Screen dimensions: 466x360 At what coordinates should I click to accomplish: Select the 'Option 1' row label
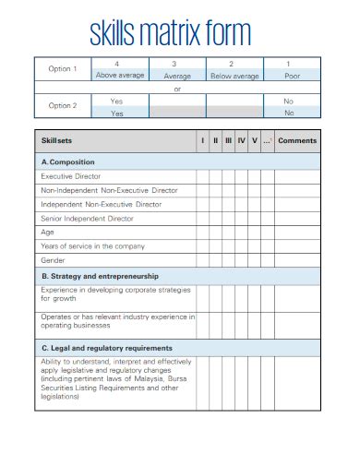pos(64,69)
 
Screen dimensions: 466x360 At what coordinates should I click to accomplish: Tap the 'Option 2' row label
pos(64,106)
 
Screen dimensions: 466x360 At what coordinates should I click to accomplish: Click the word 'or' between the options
pos(177,89)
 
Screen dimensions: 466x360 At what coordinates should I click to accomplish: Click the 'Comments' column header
pos(297,140)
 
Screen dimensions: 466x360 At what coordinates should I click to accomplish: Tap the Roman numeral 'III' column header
pos(228,140)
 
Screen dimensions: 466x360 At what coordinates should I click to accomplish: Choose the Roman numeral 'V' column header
pos(254,140)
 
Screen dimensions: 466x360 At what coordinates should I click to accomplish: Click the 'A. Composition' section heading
pos(69,161)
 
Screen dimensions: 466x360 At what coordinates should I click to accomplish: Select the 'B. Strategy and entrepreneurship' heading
pos(100,275)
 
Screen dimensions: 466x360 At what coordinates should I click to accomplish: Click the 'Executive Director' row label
pos(71,175)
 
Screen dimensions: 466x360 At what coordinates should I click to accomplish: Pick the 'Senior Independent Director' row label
pos(87,219)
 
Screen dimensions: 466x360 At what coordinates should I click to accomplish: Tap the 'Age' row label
pos(48,233)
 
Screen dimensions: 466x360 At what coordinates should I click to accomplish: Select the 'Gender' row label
pos(53,260)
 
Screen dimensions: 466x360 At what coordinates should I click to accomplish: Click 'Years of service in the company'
pos(92,246)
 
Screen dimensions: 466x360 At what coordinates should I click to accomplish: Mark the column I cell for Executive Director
pos(202,175)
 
